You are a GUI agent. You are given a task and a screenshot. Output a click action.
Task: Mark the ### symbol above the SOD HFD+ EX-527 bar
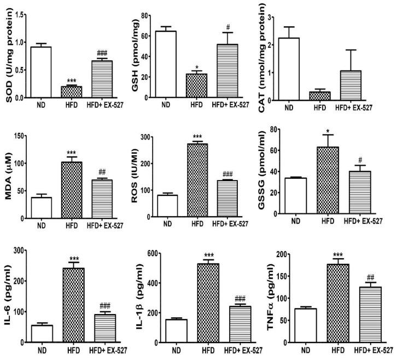(x=102, y=53)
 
